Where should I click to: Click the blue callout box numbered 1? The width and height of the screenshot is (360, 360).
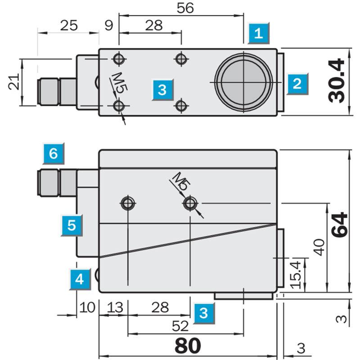coord(258,33)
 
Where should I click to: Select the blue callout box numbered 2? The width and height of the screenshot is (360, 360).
coord(297,84)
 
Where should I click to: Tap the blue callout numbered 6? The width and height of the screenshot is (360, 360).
coord(54,153)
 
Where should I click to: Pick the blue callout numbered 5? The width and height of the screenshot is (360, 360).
coord(72,225)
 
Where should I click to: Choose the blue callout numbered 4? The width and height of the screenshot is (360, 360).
coord(80,279)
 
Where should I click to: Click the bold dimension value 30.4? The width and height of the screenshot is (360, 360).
coord(337,81)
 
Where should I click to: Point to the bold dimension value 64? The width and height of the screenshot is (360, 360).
coord(340,225)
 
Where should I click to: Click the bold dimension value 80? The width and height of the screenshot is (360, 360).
coord(188,346)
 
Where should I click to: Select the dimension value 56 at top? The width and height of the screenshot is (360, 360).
coord(185,8)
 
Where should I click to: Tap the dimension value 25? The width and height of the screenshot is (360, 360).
coord(69,25)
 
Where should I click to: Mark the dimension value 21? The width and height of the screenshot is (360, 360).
coord(14,82)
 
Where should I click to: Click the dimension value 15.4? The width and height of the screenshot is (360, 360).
coord(296,275)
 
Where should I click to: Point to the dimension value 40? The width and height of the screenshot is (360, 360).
coord(319,247)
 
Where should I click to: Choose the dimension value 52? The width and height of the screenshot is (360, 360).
coord(180,326)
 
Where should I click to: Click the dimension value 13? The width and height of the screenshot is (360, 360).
coord(115,307)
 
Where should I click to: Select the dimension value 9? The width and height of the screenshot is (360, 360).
coord(109,25)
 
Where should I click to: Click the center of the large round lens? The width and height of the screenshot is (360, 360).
coord(243,82)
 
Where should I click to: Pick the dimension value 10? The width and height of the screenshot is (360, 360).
coord(87,307)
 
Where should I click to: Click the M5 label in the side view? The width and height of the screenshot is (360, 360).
coord(182,181)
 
